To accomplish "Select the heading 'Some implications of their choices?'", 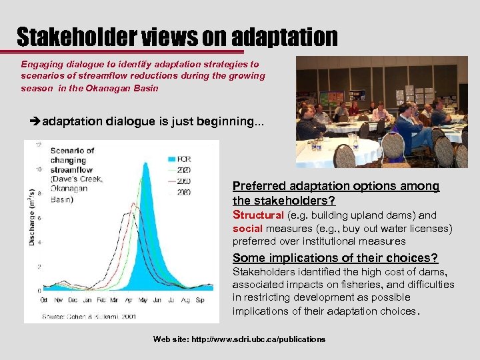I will point(335,258).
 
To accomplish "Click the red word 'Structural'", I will point(258,215).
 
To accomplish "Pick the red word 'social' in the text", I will point(247,229).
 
